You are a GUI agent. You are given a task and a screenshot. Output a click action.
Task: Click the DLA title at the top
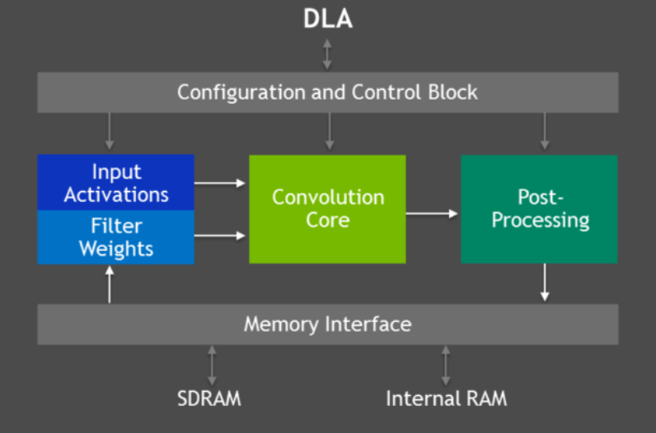[327, 18]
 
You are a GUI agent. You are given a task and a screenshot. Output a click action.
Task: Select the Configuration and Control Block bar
[327, 91]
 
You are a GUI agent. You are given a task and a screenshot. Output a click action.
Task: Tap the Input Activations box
[116, 183]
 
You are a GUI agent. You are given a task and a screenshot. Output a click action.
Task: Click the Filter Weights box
[116, 237]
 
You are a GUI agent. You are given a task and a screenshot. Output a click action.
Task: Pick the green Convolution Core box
[327, 209]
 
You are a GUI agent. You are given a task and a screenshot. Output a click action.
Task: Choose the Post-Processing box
[539, 209]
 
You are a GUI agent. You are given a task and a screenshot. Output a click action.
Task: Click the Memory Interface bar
[327, 324]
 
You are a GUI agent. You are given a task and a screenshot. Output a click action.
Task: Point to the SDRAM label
[209, 399]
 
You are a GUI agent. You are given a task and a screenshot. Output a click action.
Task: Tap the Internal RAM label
[446, 399]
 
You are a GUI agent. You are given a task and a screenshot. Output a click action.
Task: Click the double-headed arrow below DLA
[327, 53]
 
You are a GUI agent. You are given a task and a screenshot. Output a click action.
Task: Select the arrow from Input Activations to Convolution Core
[221, 183]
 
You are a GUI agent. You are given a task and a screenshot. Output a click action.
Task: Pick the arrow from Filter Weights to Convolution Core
[221, 236]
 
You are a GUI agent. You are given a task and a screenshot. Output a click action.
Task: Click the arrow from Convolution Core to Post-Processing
[433, 214]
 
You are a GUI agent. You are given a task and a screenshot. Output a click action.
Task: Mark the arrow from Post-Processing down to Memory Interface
[544, 282]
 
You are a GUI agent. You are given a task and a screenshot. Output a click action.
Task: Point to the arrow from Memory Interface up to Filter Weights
[110, 284]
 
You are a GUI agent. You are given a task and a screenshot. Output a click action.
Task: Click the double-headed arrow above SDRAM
[212, 365]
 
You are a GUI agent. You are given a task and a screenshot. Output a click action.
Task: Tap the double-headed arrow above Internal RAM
[446, 365]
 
